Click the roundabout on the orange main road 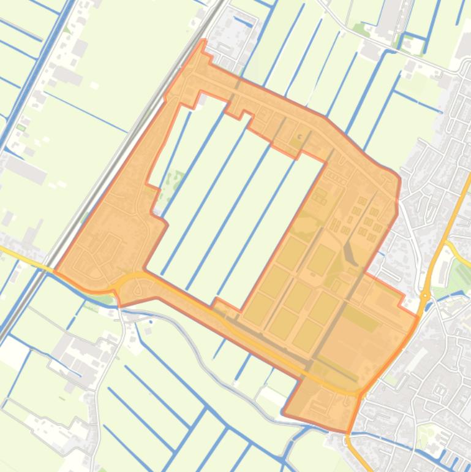tap(425, 296)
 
